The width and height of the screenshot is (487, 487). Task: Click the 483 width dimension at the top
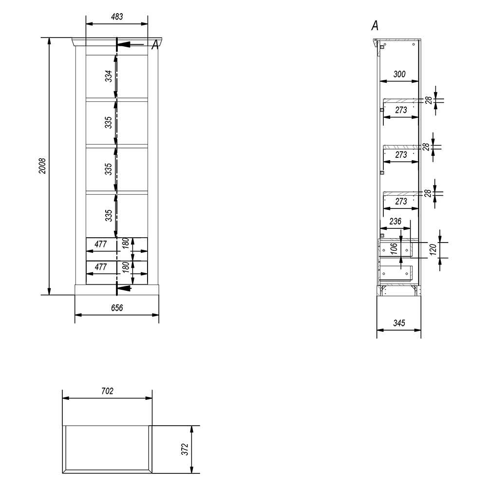click(117, 17)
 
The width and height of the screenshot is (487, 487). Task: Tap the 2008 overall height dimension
click(42, 166)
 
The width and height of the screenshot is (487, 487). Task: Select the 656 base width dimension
click(117, 308)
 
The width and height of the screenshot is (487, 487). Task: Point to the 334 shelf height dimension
click(108, 76)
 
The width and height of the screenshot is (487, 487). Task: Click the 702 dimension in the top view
click(107, 391)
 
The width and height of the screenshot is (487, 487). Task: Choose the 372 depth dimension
click(185, 449)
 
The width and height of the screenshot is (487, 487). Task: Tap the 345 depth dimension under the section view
click(399, 323)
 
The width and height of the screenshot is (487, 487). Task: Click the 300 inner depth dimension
click(399, 74)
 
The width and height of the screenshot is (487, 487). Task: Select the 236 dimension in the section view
click(395, 222)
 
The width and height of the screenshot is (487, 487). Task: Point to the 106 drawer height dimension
click(394, 249)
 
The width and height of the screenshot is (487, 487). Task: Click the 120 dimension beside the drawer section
click(433, 249)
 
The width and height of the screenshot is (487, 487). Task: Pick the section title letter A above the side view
click(375, 26)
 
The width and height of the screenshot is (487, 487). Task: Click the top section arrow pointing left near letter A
click(131, 44)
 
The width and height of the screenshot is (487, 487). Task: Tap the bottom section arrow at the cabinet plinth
click(124, 288)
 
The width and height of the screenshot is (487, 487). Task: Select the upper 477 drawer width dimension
click(101, 244)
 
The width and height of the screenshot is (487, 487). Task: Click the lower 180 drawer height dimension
click(126, 267)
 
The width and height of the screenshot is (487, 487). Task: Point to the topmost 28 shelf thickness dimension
click(429, 100)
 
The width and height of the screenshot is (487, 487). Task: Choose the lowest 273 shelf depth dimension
click(401, 202)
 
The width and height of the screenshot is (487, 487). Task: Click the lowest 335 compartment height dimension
click(108, 216)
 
